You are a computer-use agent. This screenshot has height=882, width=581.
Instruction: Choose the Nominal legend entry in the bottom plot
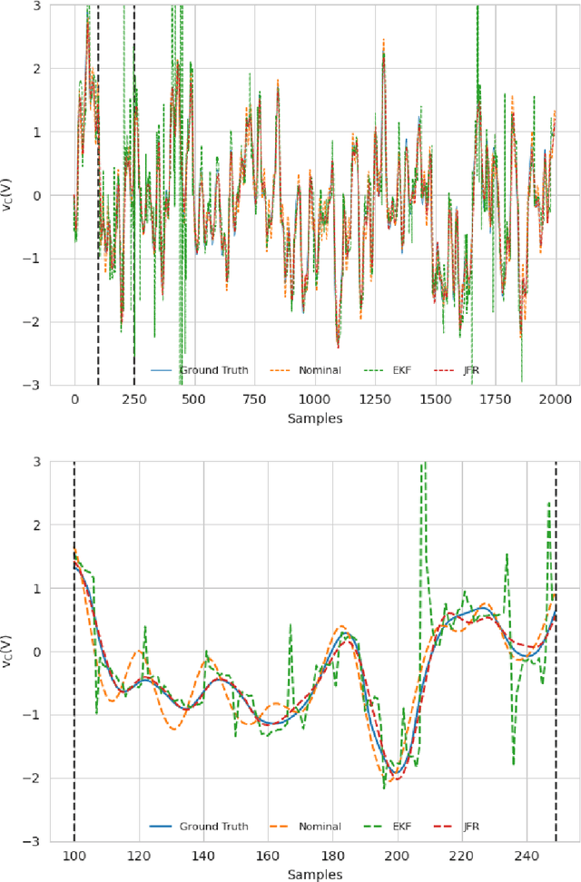coord(319,827)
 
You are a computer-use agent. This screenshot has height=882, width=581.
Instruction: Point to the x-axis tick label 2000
coord(556,400)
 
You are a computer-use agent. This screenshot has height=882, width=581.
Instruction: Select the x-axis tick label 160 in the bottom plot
coord(268,857)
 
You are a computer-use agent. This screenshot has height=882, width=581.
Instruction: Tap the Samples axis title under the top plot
coord(314,418)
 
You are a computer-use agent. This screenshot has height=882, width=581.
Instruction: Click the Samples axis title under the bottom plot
coord(314,875)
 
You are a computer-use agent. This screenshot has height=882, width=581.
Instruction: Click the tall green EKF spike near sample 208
coord(422,472)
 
